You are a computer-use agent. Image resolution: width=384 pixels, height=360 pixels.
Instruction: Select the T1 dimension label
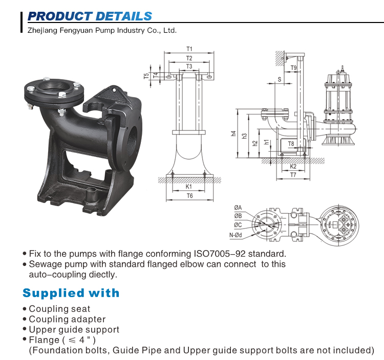189,50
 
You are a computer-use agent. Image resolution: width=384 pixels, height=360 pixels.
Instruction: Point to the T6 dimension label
189,196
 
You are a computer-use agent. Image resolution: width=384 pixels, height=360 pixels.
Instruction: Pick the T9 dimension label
293,67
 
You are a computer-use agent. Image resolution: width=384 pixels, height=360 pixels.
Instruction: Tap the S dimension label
280,79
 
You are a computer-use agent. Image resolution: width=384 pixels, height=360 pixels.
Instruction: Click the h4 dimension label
233,134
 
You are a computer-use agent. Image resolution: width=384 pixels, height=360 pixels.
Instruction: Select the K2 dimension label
293,167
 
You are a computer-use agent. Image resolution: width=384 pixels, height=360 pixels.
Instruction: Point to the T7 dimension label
293,175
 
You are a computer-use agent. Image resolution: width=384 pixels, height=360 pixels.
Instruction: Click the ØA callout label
238,207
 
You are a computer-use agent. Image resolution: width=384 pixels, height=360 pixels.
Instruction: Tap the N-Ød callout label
236,235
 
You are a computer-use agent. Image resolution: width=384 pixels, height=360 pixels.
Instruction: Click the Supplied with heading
71,293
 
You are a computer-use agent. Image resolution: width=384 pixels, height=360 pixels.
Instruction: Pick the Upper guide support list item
74,330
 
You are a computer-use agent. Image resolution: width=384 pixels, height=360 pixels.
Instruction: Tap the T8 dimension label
291,144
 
